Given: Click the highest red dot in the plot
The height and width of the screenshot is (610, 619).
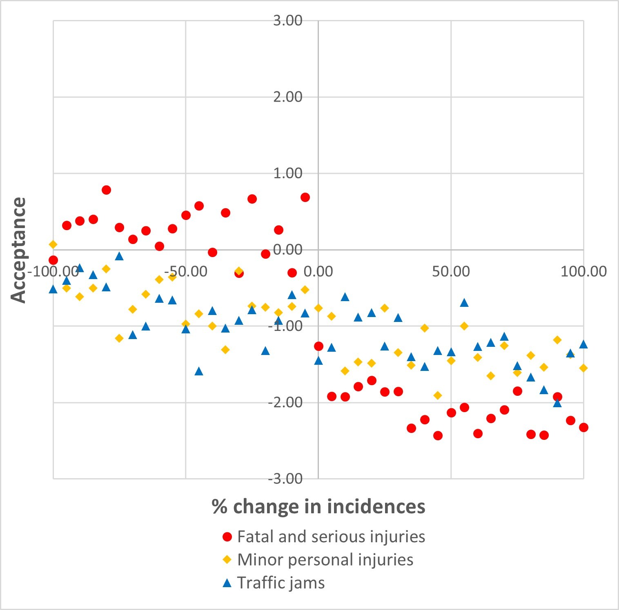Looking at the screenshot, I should click(106, 190).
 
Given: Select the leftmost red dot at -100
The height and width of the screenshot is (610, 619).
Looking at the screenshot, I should click(53, 260).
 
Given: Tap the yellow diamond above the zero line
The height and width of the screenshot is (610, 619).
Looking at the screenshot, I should click(53, 244).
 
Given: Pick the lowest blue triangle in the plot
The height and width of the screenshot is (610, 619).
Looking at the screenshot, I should click(557, 403).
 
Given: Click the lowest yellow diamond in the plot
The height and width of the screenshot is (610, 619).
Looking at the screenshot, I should click(438, 395).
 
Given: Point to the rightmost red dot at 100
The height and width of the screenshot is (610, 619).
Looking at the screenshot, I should click(583, 427).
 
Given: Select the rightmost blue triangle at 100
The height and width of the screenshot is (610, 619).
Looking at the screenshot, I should click(583, 344).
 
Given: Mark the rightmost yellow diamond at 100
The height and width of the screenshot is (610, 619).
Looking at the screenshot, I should click(583, 368).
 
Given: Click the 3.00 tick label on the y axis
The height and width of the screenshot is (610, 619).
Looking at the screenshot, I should click(288, 20).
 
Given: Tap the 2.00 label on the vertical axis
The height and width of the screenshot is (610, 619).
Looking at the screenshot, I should click(288, 97).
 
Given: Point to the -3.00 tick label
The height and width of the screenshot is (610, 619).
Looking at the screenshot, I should click(285, 478).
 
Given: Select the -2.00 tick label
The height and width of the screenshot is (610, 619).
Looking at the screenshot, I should click(285, 402).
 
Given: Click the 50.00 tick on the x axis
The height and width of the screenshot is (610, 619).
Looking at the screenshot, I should click(451, 271).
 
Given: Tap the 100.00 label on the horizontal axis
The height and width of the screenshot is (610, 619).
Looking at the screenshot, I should click(583, 271).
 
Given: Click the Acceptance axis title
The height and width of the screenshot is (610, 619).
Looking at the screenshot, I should click(19, 250).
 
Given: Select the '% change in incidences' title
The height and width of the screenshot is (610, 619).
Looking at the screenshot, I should click(318, 506).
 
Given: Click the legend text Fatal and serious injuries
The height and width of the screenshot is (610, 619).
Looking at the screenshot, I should click(331, 537).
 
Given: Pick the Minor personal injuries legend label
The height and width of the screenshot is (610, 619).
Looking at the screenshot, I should click(325, 560).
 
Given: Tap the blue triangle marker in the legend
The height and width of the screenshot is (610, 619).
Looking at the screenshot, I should click(227, 583).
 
